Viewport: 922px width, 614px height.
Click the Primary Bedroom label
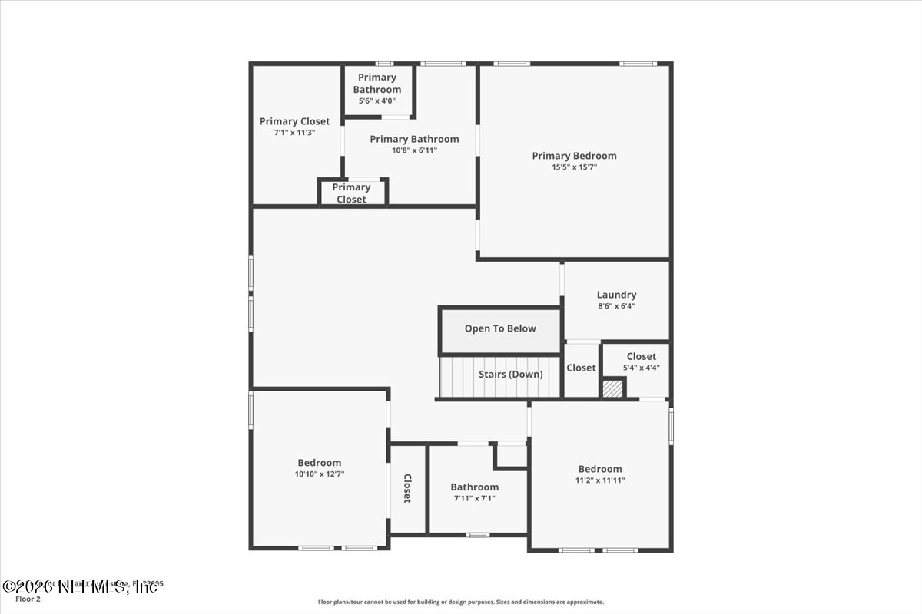(574, 156)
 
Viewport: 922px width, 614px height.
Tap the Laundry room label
(616, 295)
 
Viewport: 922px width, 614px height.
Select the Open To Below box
(500, 328)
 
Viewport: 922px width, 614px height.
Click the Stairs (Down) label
(510, 375)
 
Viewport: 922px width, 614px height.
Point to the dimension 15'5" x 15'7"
(574, 167)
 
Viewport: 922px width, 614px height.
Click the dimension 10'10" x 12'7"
(319, 474)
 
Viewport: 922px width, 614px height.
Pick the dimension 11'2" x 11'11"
(600, 480)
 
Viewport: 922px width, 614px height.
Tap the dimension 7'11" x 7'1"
(474, 498)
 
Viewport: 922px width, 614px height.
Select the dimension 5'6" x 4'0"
(376, 101)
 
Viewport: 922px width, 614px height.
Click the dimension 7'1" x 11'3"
(294, 133)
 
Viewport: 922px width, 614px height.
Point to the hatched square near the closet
(612, 389)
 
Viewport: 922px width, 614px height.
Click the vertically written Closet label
(407, 488)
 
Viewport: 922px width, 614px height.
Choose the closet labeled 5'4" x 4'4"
(641, 361)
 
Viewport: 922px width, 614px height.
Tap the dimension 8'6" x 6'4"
(616, 306)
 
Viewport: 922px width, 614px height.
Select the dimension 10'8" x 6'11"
(414, 150)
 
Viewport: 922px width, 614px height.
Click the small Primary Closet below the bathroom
(352, 193)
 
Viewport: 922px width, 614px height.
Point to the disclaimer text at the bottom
(461, 602)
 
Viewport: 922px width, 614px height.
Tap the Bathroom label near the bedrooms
(474, 487)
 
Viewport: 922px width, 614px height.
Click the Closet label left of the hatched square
(581, 368)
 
